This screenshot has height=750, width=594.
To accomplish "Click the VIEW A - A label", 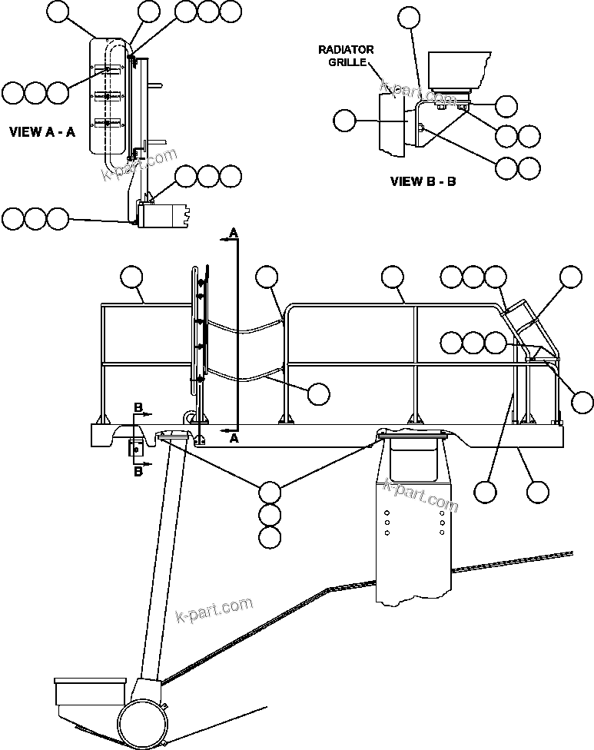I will [x=41, y=132].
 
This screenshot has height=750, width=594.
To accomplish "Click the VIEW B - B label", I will [x=423, y=182].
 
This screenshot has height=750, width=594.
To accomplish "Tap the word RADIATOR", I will [x=346, y=50].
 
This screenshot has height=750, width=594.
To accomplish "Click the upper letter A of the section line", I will [x=234, y=232].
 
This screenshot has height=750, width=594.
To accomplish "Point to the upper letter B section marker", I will [x=138, y=406].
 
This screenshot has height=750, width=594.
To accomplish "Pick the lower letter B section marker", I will [x=138, y=472].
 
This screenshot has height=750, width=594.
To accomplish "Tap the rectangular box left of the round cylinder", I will [x=90, y=692].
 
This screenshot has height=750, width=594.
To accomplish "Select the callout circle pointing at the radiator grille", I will [x=345, y=120].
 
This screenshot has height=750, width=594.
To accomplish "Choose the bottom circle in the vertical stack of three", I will [x=270, y=538].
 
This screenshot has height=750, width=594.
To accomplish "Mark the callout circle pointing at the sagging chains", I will [x=318, y=393].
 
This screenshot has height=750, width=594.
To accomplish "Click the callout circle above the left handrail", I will [x=133, y=277].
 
